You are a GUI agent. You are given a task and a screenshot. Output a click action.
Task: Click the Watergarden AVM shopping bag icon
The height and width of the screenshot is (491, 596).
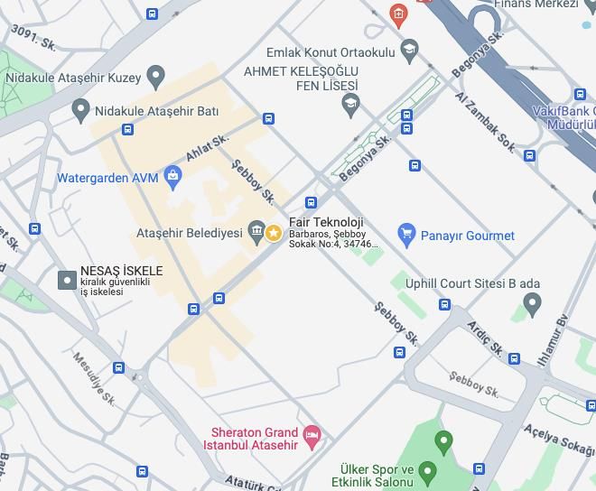pos(173,176)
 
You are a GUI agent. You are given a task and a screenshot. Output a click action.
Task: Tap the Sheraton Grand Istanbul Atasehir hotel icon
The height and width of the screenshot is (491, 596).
pos(312,438)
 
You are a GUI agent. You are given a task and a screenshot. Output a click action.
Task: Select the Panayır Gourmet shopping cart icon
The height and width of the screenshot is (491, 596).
pos(406,235)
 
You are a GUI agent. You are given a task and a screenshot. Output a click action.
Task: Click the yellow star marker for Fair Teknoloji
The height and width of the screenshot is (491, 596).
pos(273,233)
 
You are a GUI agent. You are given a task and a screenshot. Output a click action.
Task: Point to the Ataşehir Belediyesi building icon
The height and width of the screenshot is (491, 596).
pos(256,233)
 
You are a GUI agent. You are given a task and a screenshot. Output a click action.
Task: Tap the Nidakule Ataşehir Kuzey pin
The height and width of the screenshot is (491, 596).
pos(156,77)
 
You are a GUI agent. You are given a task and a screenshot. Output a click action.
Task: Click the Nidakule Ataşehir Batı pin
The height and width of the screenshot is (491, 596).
pos(81,111)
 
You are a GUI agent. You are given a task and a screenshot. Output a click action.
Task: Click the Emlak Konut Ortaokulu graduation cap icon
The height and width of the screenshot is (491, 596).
pos(409,49)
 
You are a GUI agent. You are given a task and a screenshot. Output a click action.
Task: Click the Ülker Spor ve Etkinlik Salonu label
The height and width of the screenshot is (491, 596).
pos(376,477)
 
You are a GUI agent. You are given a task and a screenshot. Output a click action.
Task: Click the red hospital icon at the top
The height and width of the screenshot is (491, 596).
pos(396,14)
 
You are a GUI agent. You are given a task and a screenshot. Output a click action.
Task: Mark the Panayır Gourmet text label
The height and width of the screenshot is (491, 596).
pos(467,236)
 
